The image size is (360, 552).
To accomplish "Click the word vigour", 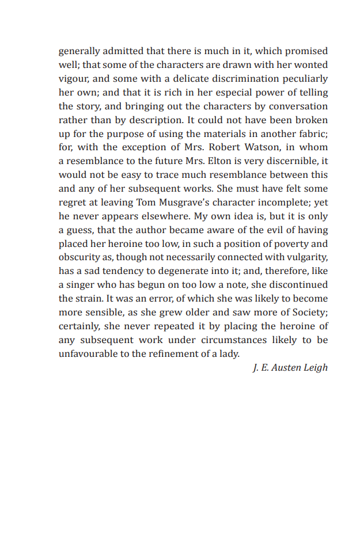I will click(73, 79).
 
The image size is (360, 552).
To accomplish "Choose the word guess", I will click(80, 230).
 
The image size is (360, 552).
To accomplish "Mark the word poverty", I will click(278, 243).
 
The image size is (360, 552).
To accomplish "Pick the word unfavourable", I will click(92, 354).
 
